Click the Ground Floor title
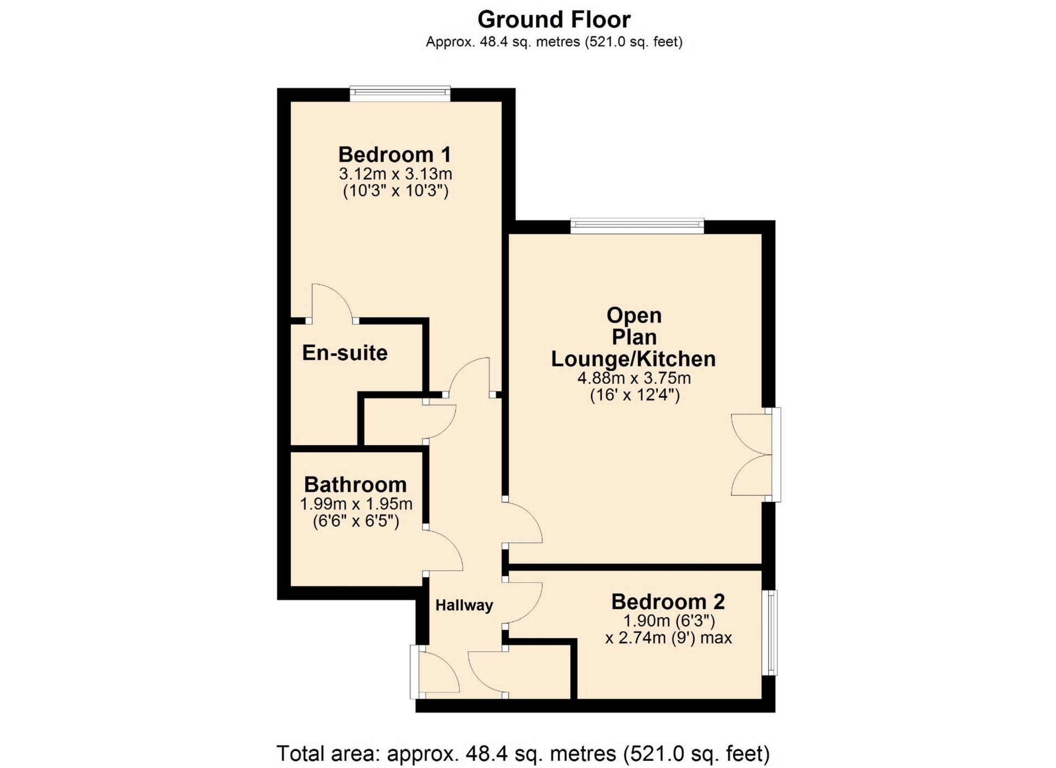554,20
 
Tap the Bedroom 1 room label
395,155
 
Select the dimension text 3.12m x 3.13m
395,174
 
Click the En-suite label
345,353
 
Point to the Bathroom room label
355,485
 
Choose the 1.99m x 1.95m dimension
356,504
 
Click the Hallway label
464,606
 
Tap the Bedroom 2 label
668,601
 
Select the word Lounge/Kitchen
634,359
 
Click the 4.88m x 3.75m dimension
634,378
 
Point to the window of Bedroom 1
400,94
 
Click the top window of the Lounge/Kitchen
637,226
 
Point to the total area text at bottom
523,753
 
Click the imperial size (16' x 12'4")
635,395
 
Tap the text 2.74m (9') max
669,638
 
